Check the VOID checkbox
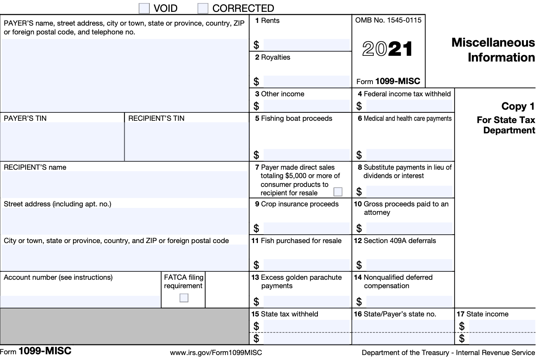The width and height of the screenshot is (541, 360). point(144,8)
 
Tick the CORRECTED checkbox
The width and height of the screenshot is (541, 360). point(203,8)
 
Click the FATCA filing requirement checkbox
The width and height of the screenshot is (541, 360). point(184,298)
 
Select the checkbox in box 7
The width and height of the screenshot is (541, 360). point(338,191)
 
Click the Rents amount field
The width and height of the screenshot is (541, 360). point(306,45)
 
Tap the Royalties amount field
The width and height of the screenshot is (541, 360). point(306,81)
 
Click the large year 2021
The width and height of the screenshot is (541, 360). point(388,49)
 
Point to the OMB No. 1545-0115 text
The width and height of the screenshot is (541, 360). point(388,20)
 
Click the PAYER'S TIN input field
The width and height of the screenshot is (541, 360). point(62,141)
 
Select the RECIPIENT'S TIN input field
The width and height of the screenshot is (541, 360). point(187,141)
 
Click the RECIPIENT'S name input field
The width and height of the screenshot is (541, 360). point(125,184)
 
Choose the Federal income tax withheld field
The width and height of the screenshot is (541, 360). point(409,105)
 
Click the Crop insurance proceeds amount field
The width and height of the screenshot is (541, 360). point(306,228)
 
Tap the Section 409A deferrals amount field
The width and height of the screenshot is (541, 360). point(409,264)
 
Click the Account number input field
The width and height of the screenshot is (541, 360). point(80,301)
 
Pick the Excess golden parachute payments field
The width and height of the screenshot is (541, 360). point(306,301)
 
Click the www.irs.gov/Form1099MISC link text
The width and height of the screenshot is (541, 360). point(216,353)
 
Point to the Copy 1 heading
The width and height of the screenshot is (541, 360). point(518,106)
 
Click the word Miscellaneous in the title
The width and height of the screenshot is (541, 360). point(493,42)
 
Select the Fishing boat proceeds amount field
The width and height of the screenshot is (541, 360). point(306,154)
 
